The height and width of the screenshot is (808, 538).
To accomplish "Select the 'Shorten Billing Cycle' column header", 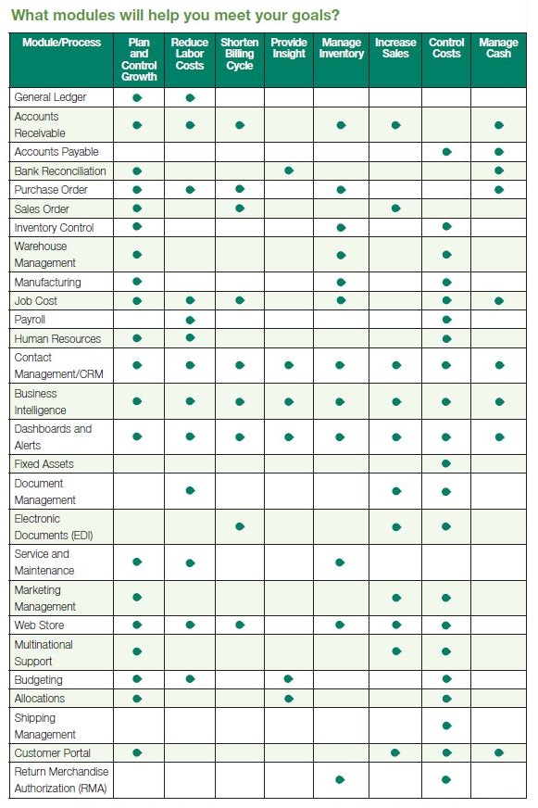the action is click(x=240, y=54).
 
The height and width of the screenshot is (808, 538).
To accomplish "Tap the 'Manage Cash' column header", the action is click(x=498, y=48).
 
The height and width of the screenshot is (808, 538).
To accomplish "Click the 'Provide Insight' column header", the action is click(x=289, y=48).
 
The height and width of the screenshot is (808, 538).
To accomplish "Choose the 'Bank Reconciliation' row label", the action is click(x=60, y=170).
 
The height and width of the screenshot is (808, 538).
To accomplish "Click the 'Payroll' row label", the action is click(x=31, y=320).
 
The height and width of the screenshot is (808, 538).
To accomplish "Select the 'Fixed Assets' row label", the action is click(x=44, y=463).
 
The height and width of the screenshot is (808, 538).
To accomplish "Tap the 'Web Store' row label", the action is click(x=39, y=625).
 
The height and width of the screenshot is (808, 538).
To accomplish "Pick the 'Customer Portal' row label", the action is click(x=53, y=753).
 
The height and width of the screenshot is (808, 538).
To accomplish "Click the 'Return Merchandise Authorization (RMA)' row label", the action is click(x=61, y=780).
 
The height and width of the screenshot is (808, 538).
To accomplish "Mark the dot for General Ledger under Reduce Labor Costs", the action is click(x=190, y=97).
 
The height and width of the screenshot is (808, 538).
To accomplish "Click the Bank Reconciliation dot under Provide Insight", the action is click(x=289, y=170).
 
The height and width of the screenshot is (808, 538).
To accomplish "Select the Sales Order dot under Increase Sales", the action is click(x=395, y=208).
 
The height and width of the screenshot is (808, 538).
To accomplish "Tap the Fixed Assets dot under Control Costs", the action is click(x=446, y=463).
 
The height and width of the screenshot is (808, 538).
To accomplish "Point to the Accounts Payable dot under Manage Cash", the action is click(x=499, y=152).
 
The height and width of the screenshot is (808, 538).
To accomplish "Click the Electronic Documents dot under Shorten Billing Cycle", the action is click(x=240, y=526).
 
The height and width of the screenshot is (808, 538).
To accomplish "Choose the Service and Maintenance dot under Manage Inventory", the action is click(x=340, y=562).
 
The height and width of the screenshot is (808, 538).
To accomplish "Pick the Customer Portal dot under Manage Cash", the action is click(x=499, y=753).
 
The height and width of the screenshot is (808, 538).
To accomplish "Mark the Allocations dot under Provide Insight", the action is click(x=289, y=699).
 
